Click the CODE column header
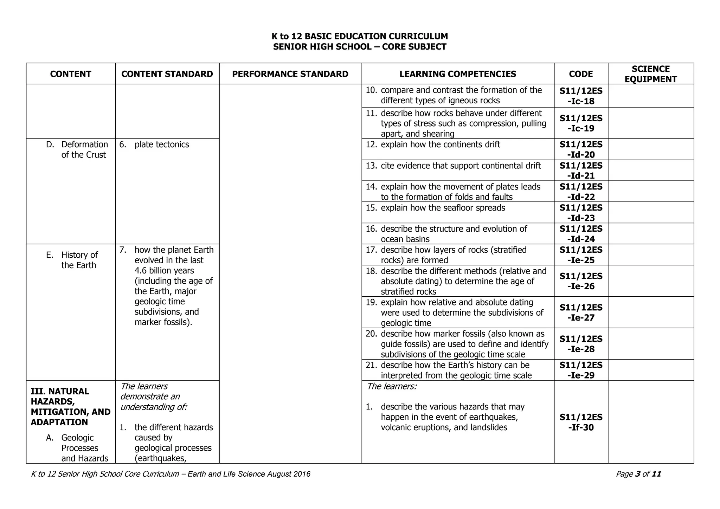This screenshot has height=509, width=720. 581,74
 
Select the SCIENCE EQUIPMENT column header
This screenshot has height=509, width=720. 650,74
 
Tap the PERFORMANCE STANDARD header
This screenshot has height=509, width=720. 290,74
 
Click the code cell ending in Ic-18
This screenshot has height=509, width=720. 581,96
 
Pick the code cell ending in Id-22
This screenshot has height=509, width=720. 581,192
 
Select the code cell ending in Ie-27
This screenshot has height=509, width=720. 581,313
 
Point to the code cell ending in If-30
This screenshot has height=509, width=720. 581,422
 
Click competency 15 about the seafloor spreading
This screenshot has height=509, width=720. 443,208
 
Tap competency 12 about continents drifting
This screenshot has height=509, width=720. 440,144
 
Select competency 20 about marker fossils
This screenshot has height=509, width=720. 464,344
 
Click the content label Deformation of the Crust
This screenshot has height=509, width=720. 84,150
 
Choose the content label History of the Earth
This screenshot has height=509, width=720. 79,260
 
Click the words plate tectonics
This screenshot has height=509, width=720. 162,144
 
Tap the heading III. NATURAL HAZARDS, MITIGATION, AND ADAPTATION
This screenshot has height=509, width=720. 70,407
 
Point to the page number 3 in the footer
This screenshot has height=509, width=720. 637,474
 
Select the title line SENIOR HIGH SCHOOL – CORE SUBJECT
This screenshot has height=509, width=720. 360,47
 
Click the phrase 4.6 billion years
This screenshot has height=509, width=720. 164,271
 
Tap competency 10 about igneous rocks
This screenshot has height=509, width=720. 461,95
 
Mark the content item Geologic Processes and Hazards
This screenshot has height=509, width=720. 84,448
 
